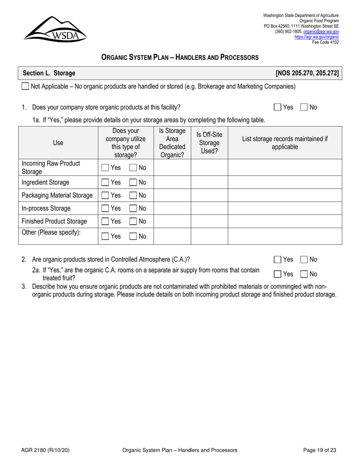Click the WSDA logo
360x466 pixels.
(55, 29)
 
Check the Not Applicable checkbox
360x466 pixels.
(25, 86)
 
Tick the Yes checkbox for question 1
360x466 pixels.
(277, 108)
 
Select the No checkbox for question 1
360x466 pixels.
(304, 108)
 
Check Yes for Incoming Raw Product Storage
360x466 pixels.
(105, 167)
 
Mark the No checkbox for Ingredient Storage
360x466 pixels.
(133, 183)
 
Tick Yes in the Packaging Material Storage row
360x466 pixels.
(105, 195)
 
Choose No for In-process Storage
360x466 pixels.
(133, 208)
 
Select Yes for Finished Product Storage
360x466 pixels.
(105, 221)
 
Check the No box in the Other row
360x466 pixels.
(133, 236)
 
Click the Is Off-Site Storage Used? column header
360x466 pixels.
(209, 143)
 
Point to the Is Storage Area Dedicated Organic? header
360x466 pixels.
(172, 143)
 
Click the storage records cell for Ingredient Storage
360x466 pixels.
(285, 182)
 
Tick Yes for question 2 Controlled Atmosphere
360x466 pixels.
(277, 260)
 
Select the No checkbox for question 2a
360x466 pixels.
(304, 274)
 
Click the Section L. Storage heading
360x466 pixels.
(49, 73)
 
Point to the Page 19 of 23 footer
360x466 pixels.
(319, 450)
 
